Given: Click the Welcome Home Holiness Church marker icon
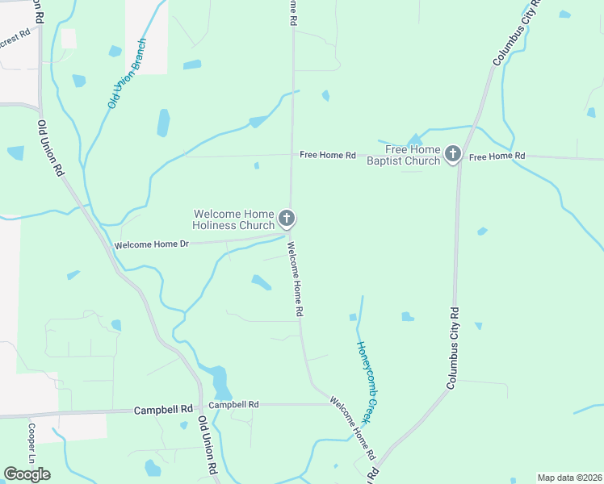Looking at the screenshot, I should coord(286,218).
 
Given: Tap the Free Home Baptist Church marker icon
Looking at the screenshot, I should coord(453,153).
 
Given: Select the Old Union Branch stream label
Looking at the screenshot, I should coord(127,73).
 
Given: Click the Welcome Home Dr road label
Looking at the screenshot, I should coord(151,244).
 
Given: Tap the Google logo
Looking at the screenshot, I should coord(27,474).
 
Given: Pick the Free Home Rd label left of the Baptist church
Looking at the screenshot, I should coord(327,155).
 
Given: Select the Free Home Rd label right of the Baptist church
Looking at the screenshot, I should coord(497,156).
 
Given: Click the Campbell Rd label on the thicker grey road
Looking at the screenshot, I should coord(164,410).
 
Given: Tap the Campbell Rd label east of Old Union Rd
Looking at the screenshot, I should coord(233,404).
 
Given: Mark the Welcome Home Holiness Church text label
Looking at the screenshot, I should coord(234,219).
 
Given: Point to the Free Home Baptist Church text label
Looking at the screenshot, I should coord(413,155).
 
